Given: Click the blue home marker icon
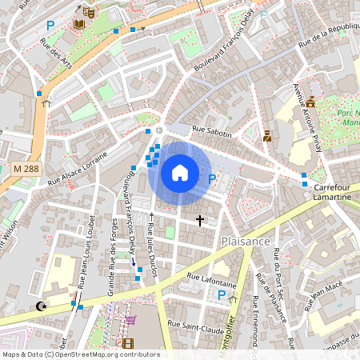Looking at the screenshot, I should [x=180, y=172].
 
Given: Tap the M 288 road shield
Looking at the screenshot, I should [x=26, y=169].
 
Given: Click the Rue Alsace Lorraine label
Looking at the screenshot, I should [x=77, y=170].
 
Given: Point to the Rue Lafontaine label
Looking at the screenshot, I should [x=211, y=280].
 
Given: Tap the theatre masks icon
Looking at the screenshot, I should [x=87, y=12].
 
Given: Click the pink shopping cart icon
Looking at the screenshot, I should [x=130, y=320].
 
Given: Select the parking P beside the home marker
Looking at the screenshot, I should [x=212, y=179].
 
